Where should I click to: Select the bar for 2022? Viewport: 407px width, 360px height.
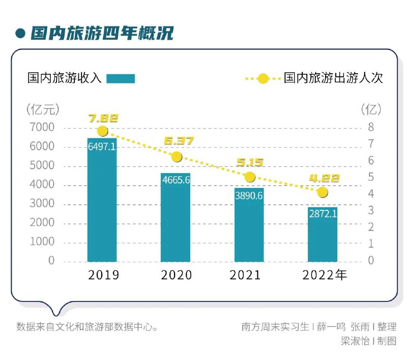[x=322, y=234]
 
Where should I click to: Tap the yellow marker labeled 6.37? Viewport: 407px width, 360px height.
[x=176, y=157]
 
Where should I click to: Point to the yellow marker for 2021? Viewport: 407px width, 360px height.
[x=249, y=177]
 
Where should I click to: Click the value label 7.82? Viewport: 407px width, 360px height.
[x=103, y=119]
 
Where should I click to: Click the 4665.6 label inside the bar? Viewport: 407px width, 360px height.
[x=176, y=180]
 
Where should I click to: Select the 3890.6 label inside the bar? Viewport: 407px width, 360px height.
[x=249, y=195]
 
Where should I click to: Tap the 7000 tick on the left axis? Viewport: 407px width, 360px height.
[x=44, y=127]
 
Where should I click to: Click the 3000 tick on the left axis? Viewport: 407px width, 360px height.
[x=44, y=204]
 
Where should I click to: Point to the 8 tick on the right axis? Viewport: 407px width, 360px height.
[x=371, y=127]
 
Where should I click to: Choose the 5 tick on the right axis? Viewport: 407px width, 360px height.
[x=371, y=177]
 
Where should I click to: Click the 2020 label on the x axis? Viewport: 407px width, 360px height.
[x=176, y=275]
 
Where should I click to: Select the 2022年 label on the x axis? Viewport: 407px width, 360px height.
[x=325, y=275]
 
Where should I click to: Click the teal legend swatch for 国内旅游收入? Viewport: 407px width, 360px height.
[x=121, y=78]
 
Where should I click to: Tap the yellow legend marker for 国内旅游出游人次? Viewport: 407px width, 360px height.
[x=263, y=78]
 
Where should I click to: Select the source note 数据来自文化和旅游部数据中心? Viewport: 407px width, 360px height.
[x=86, y=326]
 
